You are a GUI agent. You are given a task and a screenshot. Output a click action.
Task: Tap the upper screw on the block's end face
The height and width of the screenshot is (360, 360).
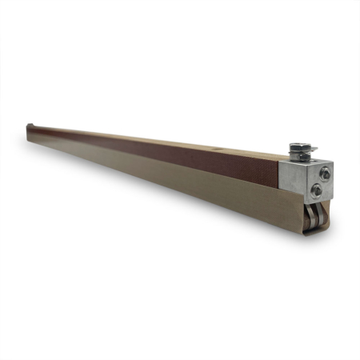click(x=325, y=173)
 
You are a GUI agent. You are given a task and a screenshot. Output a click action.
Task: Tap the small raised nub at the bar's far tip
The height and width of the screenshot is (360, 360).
click(x=30, y=126)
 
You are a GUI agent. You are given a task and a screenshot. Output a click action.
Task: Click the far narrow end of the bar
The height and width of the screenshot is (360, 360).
click(x=29, y=134)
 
